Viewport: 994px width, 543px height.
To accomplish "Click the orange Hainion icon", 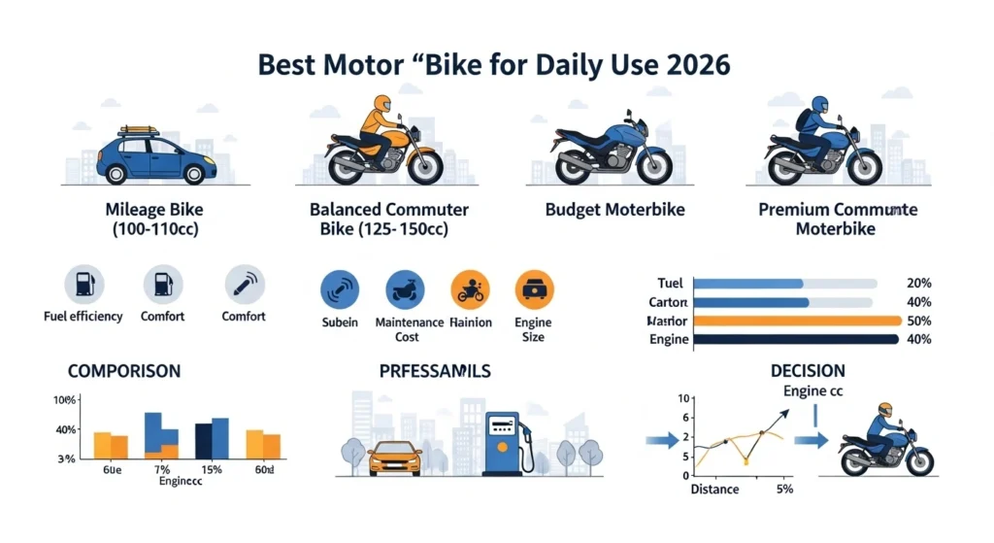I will coord(471,288).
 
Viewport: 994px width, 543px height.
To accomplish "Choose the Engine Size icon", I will coord(533,288).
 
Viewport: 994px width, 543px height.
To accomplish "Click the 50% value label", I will coord(917,321).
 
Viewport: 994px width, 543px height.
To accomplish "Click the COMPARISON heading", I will coord(123,372).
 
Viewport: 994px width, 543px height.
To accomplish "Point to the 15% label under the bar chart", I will coord(212,470).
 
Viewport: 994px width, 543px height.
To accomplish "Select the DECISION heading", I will coord(807,371).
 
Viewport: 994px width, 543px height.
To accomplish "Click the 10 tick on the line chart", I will coord(682,399).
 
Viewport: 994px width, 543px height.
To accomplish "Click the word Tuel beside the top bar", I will coord(670,284).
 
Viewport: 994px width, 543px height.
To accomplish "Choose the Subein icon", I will coord(340,288).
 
